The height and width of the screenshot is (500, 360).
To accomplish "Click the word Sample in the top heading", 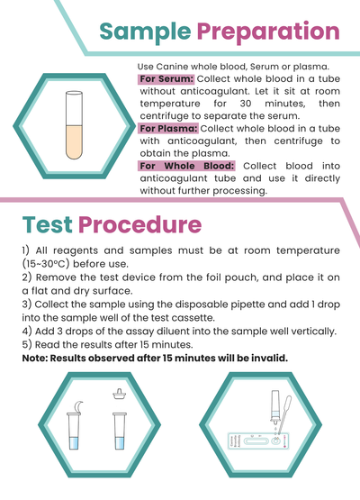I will [x=144, y=32].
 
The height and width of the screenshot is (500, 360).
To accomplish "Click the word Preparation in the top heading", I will [x=267, y=32].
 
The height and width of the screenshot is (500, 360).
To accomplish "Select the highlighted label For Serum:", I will [x=166, y=79].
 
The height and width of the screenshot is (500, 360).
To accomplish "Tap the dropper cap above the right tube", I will [x=117, y=394].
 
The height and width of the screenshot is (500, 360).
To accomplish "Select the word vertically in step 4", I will [x=305, y=332].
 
